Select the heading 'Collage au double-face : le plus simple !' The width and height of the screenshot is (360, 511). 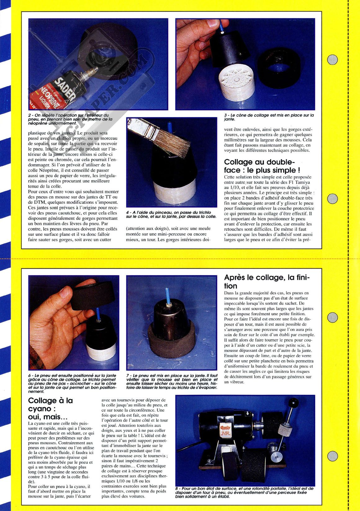[x=262, y=166]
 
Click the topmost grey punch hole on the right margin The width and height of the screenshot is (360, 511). [x=332, y=60]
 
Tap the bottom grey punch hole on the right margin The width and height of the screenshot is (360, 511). [x=332, y=456]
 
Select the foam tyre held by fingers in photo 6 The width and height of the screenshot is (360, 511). [x=91, y=296]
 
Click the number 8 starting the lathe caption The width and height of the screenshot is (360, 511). [x=177, y=489]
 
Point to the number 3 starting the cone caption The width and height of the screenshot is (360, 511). [x=225, y=115]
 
